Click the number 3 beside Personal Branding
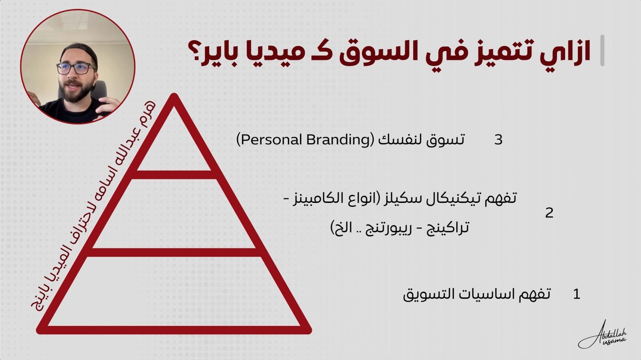click(x=498, y=140)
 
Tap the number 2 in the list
click(x=549, y=213)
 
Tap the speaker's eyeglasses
click(x=77, y=69)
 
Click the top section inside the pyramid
click(x=174, y=143)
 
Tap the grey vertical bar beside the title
click(x=602, y=51)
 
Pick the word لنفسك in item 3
click(x=401, y=140)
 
